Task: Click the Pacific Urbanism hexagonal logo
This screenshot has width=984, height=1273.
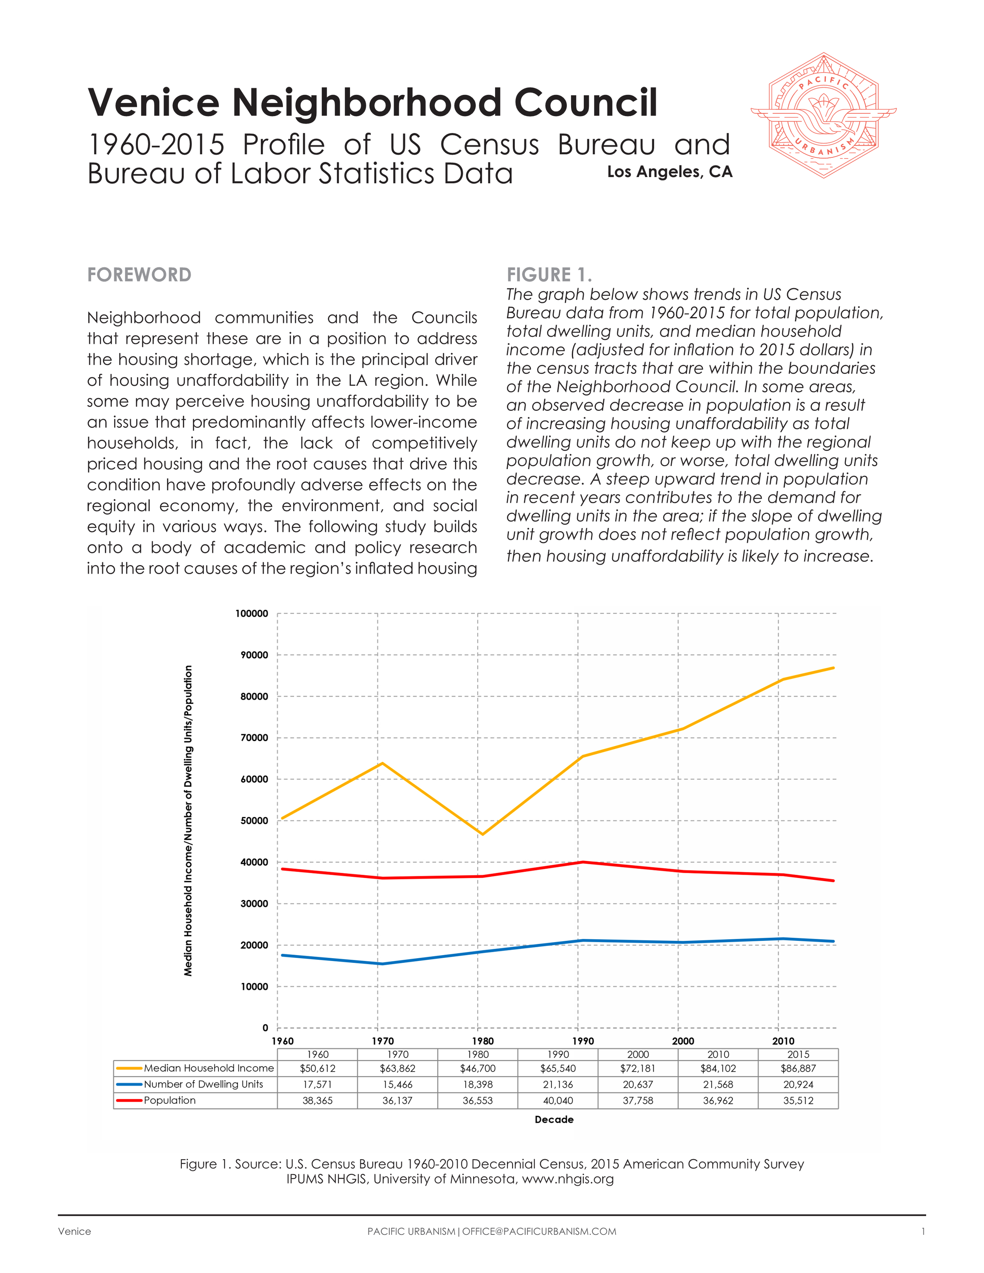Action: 823,115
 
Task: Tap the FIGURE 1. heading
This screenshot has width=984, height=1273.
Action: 549,275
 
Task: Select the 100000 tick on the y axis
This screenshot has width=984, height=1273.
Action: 252,614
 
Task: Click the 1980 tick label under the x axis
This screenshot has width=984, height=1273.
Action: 483,1041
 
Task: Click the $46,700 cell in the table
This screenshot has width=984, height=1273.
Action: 477,1068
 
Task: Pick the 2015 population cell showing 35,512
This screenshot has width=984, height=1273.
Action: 798,1101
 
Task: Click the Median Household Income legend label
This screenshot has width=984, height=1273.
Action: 209,1068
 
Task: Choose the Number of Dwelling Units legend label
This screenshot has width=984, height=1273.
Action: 203,1084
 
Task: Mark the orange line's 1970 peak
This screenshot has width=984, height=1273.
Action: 382,763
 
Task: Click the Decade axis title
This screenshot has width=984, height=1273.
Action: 554,1120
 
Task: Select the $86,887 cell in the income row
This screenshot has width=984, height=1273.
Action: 798,1068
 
